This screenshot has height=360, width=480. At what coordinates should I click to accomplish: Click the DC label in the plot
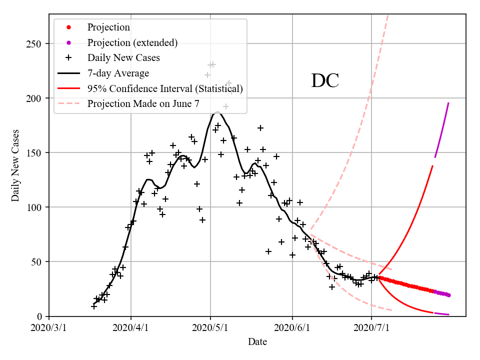pyautogui.click(x=325, y=80)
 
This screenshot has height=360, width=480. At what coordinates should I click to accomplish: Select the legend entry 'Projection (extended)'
pyautogui.click(x=132, y=42)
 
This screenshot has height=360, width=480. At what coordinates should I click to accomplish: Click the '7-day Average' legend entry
pyautogui.click(x=118, y=73)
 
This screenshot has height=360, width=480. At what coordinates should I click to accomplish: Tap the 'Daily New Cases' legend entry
pyautogui.click(x=123, y=58)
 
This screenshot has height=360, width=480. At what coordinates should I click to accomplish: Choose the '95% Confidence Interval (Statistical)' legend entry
pyautogui.click(x=165, y=89)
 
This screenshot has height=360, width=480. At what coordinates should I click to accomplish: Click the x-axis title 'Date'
pyautogui.click(x=257, y=342)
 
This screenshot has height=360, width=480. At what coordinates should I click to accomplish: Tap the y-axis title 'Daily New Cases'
pyautogui.click(x=15, y=166)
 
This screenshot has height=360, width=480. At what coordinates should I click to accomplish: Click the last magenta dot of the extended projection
pyautogui.click(x=448, y=295)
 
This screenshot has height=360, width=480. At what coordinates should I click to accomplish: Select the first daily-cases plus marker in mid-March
pyautogui.click(x=94, y=306)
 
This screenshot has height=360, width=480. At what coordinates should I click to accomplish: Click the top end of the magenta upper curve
pyautogui.click(x=448, y=103)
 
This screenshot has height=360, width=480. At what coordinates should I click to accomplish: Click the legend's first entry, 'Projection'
pyautogui.click(x=108, y=27)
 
